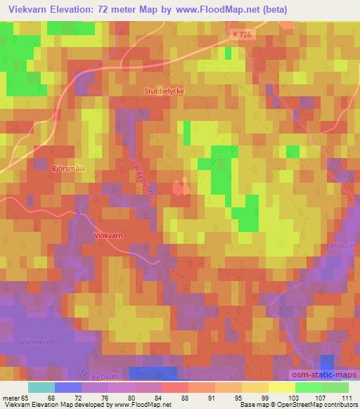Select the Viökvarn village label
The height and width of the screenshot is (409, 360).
[110, 237]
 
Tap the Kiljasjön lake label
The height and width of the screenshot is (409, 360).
[339, 248]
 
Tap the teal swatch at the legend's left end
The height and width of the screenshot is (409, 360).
[41, 387]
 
